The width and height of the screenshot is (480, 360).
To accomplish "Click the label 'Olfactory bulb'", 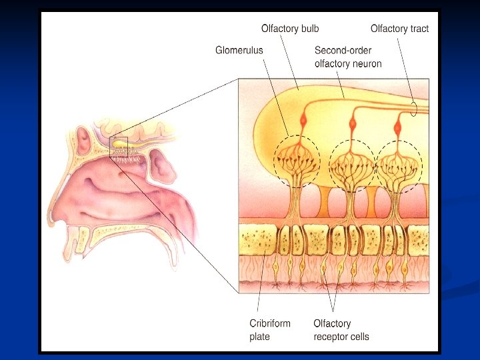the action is (290, 29).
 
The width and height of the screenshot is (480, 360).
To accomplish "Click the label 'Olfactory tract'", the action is (399, 29).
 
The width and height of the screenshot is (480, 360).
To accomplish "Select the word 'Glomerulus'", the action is (239, 50).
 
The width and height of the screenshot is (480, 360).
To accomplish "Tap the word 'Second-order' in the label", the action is (343, 51).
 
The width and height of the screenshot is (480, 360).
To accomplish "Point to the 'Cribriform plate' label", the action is (270, 330).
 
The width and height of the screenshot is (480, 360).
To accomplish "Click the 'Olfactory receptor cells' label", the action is (341, 330).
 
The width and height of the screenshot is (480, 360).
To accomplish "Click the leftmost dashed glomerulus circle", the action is (297, 161).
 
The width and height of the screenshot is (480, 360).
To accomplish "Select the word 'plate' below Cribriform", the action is (259, 337).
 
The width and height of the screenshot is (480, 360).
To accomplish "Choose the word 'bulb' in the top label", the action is (309, 29).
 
